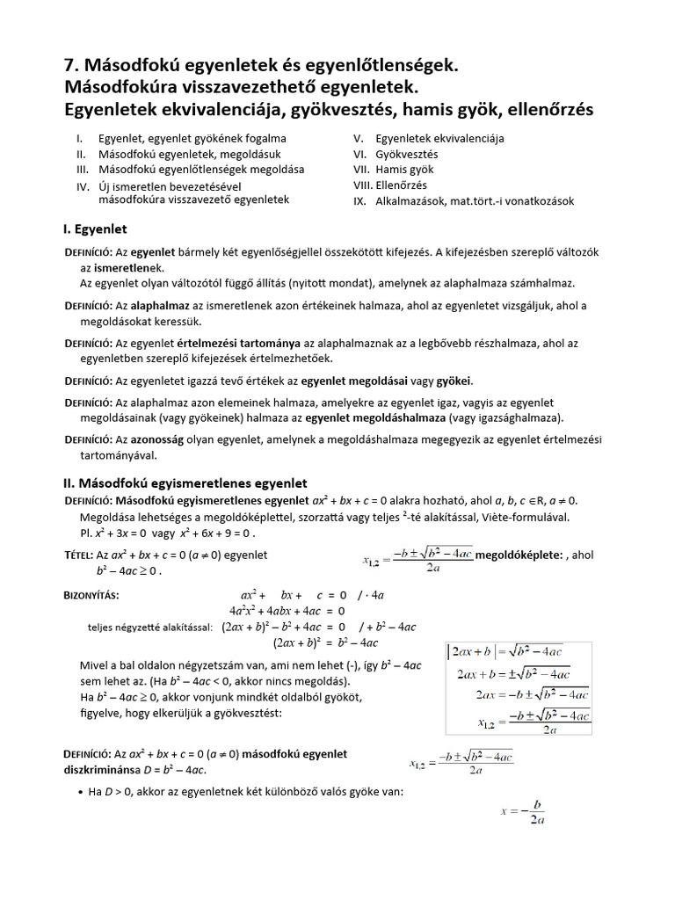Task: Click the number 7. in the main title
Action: [x=74, y=66]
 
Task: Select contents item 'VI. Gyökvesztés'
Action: [x=395, y=154]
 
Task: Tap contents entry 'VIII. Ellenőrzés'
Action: [x=390, y=185]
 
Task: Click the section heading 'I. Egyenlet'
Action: [x=95, y=229]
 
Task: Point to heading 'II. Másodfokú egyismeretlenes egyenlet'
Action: [x=185, y=483]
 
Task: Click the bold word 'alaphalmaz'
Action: [x=163, y=305]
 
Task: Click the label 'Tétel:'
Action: [x=83, y=555]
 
